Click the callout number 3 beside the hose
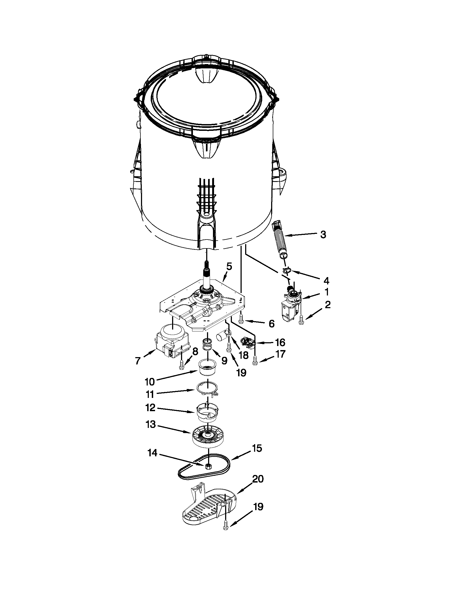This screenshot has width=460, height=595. pos(323,235)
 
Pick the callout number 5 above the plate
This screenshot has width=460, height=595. pos(229,267)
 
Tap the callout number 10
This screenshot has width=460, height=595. pos(150,382)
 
